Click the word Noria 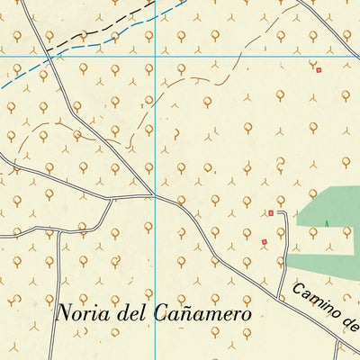tap(82, 313)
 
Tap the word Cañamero tap(203, 313)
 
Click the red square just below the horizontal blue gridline tap(318, 68)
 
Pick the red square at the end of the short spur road tap(270, 213)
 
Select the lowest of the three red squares tap(264, 241)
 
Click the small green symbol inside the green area tap(327, 223)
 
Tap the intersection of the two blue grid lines tap(155, 56)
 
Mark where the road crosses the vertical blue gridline tap(155, 194)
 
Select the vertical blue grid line tap(155, 135)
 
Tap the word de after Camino tap(350, 325)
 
